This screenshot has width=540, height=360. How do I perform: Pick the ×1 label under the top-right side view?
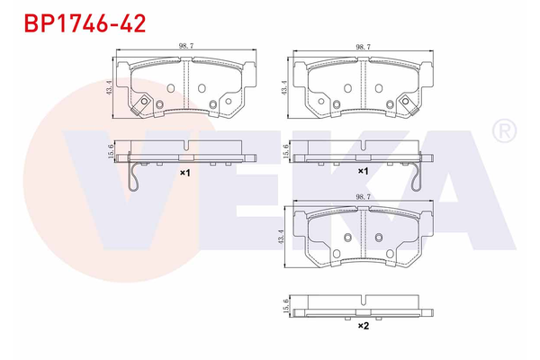coord(364,171)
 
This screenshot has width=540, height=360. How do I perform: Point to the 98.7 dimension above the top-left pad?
coord(185,46)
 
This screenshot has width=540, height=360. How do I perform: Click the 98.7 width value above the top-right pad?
coord(364,46)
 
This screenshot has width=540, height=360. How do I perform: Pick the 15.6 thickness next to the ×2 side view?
coord(284,304)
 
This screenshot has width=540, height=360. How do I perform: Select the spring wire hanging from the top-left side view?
coord(133,176)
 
